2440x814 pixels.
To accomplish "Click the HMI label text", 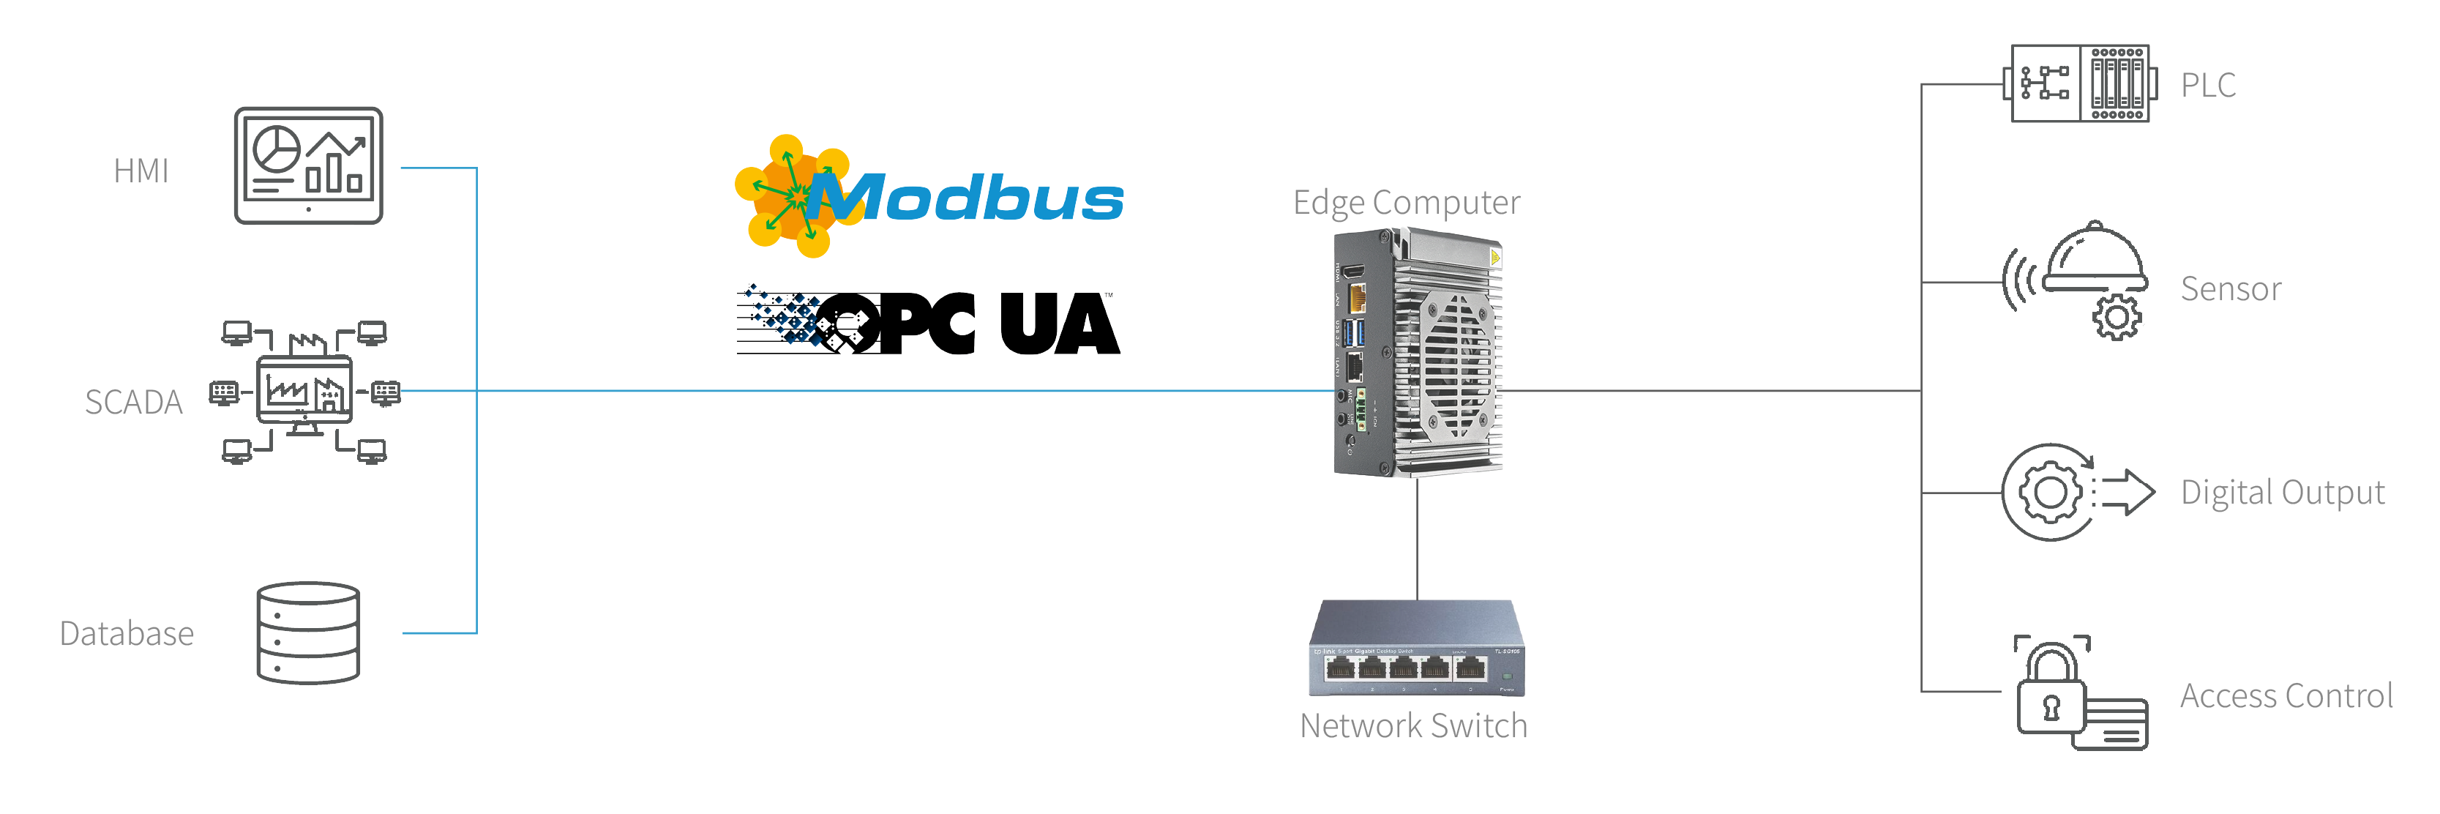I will pyautogui.click(x=141, y=171).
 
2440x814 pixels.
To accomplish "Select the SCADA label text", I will pyautogui.click(x=133, y=402).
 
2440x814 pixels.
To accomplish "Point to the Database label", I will pyautogui.click(x=127, y=633).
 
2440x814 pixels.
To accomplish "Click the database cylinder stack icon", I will pyautogui.click(x=309, y=633).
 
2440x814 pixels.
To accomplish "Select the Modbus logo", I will pyautogui.click(x=928, y=197).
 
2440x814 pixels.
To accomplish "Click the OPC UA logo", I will pyautogui.click(x=928, y=322).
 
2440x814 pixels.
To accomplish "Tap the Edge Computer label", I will pyautogui.click(x=1407, y=202).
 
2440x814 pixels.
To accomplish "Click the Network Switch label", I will pyautogui.click(x=1413, y=726).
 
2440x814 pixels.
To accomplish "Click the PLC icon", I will pyautogui.click(x=2080, y=83).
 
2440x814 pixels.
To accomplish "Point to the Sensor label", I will pyautogui.click(x=2231, y=289).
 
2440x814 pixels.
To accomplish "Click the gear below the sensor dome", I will pyautogui.click(x=2116, y=318).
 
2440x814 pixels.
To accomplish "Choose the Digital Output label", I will pyautogui.click(x=2282, y=493).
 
